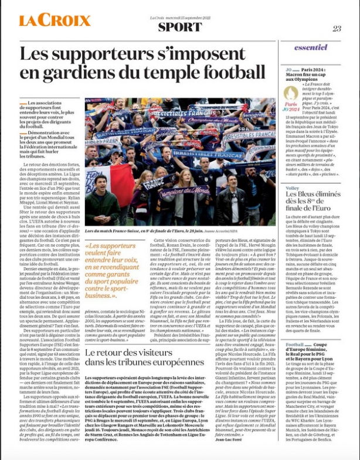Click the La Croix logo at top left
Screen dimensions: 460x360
54,21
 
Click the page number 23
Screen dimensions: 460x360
337,28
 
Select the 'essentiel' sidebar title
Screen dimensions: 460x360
311,47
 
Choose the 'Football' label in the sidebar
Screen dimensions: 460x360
295,344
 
